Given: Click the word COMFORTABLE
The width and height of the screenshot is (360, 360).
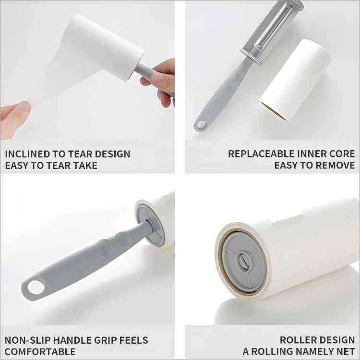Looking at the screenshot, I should coord(40,352).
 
